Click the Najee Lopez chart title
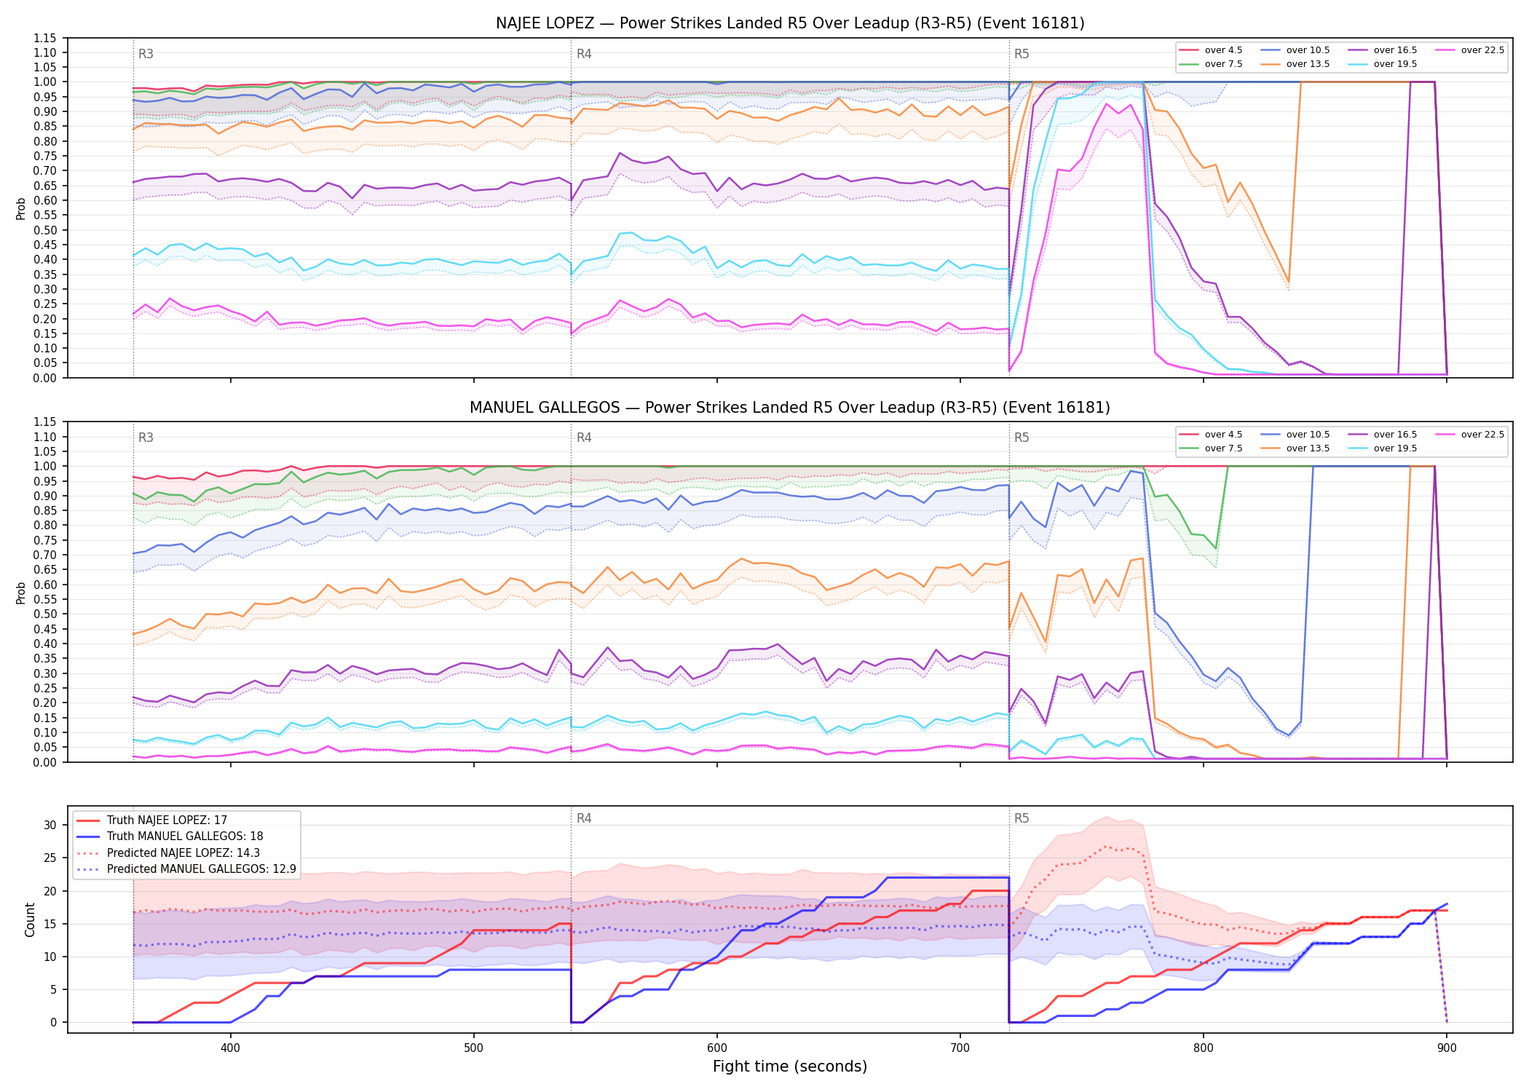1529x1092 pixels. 790,23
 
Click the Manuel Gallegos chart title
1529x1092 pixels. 790,408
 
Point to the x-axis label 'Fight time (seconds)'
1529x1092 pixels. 790,1067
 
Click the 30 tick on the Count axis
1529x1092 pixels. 50,826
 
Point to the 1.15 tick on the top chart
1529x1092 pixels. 45,38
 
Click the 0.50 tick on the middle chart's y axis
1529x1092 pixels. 45,614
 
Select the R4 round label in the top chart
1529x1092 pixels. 584,54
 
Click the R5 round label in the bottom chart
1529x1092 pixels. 1022,818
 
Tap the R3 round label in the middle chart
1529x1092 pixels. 146,438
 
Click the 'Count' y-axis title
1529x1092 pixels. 30,919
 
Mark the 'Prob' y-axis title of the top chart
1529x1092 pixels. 21,208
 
